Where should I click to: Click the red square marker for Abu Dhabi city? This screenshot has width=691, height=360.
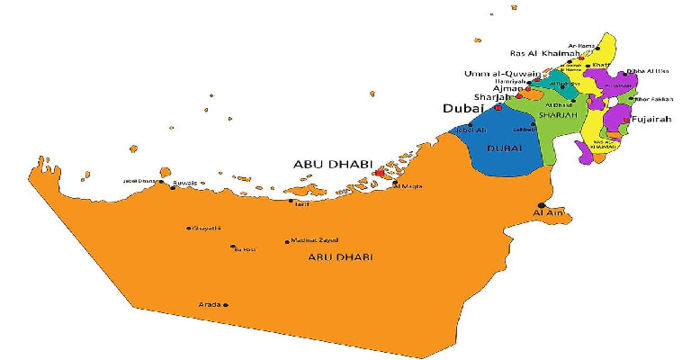coord(379,172)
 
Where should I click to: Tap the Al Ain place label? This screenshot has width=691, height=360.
coord(547,213)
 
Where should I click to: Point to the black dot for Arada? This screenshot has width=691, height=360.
coord(225,305)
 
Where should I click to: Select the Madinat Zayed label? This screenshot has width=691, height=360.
coord(312,240)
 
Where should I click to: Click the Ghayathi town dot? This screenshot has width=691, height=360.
coord(188,229)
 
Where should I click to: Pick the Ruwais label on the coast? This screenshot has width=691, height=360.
coord(184,182)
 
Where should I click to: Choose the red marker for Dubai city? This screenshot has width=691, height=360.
coord(498,108)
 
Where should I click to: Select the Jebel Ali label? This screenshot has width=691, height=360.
coord(471,130)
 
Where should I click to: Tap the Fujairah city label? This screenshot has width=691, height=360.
coord(651,119)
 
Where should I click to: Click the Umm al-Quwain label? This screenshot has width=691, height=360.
coord(502,74)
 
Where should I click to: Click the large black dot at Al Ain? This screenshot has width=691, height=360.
coord(542,204)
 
